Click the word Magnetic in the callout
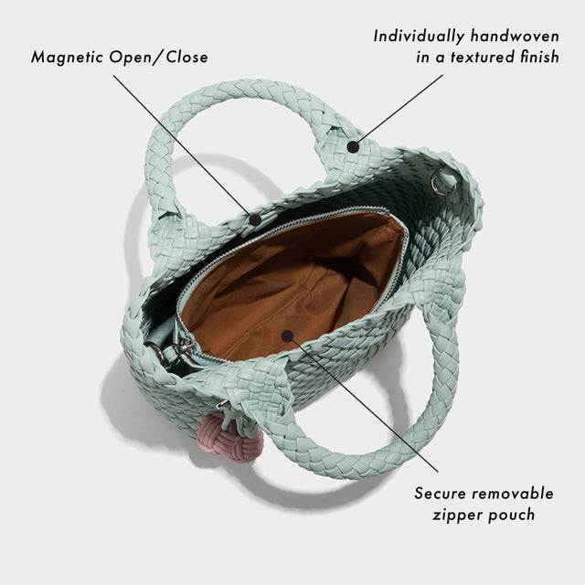pos(69,57)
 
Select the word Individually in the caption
pos(418,37)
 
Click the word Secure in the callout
pos(442,494)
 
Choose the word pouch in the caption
pos(514,515)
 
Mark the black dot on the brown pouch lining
pos(287,336)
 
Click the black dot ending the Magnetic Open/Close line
pos(255,219)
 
